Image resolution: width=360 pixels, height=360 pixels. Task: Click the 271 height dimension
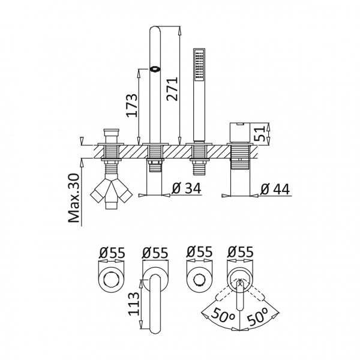pos(172,89)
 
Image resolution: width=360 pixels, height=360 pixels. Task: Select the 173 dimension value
pos(133,106)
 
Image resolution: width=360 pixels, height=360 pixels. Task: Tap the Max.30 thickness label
pos(74,198)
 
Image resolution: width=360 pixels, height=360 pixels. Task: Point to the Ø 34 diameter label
pos(187,188)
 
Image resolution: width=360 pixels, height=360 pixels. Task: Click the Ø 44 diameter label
pos(275,189)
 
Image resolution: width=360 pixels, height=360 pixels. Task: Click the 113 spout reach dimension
pos(134,304)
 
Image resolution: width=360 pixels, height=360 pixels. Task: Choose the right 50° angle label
pos(257,317)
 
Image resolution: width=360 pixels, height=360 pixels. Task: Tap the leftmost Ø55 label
pos(112,253)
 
